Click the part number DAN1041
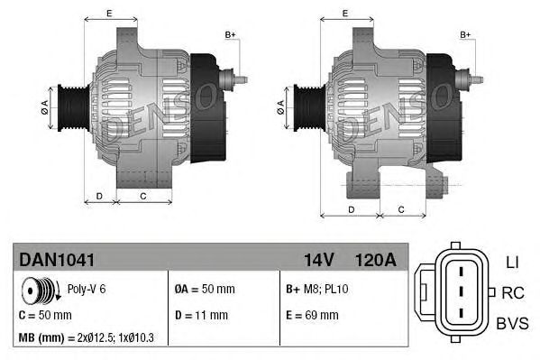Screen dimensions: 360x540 click(57, 259)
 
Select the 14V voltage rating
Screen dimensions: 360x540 click(318, 259)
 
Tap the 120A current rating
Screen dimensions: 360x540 click(375, 259)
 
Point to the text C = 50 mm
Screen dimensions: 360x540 click(45, 315)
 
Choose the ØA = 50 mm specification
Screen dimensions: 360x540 click(204, 290)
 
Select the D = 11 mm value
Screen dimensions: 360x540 click(201, 315)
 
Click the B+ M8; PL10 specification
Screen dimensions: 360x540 click(316, 290)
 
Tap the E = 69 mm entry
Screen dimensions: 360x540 click(312, 315)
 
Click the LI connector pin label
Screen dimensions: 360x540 click(511, 262)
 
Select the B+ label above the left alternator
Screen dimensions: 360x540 click(230, 34)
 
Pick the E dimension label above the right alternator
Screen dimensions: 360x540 click(347, 13)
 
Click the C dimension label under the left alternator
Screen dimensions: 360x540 click(143, 195)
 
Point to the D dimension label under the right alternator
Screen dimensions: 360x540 click(349, 209)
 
